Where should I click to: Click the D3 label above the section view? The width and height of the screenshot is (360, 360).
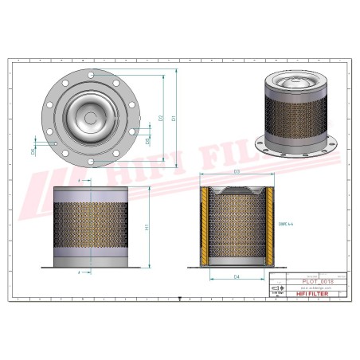[237, 172]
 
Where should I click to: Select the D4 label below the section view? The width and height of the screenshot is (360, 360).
[237, 276]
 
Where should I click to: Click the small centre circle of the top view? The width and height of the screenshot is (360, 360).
[90, 119]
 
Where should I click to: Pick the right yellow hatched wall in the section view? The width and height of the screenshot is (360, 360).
[272, 225]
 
